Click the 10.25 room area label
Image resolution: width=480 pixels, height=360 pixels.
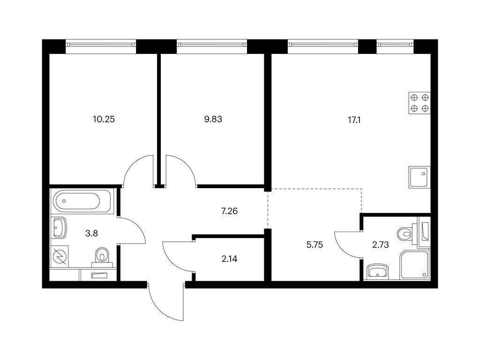coord(104,119)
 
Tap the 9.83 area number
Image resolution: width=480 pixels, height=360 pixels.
coord(213,119)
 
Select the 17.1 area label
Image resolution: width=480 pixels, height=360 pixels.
coord(354,120)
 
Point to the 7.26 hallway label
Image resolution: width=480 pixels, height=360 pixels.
coord(229,211)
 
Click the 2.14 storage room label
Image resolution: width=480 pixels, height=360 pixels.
coord(229,259)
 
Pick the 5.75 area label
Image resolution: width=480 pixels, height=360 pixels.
coord(315,245)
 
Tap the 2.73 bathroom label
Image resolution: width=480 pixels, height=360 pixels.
coord(381,245)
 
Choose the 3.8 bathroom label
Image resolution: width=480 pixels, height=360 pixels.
coord(91,233)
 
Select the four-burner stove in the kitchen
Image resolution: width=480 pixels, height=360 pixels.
coord(420,103)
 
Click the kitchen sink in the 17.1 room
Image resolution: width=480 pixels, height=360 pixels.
coord(420,178)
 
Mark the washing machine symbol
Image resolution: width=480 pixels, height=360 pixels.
coord(60,256)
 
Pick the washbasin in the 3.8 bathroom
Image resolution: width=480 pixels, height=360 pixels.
coord(60,228)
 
